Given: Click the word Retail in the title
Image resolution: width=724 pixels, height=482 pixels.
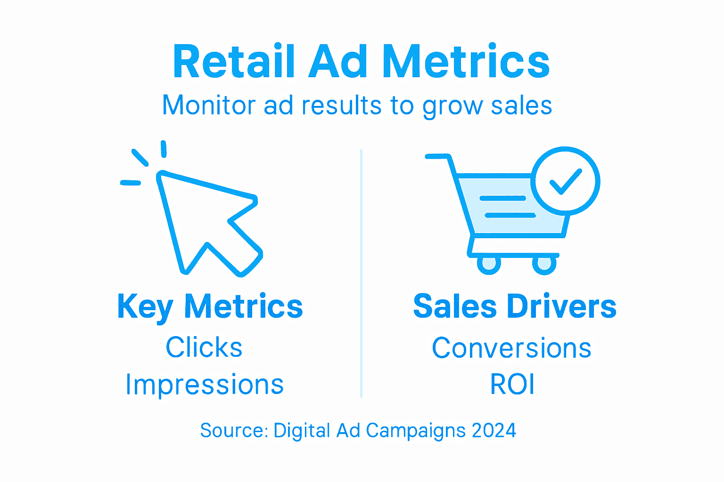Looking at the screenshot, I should [x=233, y=62].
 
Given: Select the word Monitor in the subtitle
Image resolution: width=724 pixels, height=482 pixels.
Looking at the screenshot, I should [x=207, y=105].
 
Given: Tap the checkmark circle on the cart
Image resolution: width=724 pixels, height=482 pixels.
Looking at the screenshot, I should [x=565, y=179].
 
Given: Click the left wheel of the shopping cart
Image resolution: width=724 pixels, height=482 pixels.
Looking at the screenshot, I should [x=489, y=264].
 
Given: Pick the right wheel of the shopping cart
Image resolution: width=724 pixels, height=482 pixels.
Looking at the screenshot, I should [x=544, y=264].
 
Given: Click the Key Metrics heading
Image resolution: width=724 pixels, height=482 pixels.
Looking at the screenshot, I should [x=210, y=307].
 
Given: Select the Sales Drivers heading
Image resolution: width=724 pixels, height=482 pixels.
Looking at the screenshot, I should [x=515, y=307].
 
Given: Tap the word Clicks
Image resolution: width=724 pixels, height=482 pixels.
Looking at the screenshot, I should [x=204, y=347].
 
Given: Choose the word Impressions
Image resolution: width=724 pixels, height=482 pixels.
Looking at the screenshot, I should [x=205, y=385].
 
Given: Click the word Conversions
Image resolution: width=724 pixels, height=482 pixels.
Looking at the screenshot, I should [x=511, y=348].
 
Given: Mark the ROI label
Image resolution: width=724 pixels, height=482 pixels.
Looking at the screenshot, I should [x=512, y=385].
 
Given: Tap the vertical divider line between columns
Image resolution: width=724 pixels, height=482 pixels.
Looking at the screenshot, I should [x=361, y=273].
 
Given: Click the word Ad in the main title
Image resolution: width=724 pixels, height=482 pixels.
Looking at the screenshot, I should [x=338, y=62].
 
